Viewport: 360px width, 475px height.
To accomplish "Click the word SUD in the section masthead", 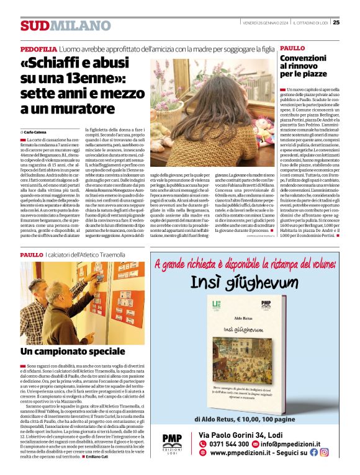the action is pyautogui.click(x=34, y=25).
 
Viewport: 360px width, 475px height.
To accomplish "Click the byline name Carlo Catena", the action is pyautogui.click(x=39, y=133).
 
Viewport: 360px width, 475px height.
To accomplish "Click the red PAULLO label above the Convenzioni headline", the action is pyautogui.click(x=292, y=48).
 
